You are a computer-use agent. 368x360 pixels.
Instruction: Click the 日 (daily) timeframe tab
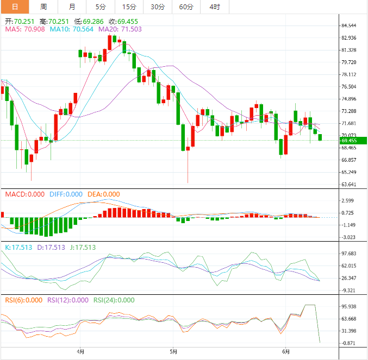coord(15,7)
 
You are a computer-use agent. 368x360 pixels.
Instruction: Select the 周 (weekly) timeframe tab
coord(43,7)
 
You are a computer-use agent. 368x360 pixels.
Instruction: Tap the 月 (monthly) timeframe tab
coord(72,7)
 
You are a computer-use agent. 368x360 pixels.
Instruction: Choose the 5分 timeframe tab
coord(101,7)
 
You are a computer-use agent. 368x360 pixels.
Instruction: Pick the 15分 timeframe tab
coord(129,7)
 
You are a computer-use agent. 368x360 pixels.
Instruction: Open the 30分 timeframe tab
coord(158,7)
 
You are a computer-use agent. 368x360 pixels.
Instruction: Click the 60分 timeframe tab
coord(186,7)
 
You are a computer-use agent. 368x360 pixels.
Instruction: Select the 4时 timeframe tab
coord(215,7)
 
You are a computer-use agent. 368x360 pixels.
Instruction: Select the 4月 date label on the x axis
coord(80,351)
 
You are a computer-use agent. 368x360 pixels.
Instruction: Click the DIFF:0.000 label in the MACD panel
coord(66,194)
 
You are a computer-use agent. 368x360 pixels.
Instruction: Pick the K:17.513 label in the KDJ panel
coord(18,248)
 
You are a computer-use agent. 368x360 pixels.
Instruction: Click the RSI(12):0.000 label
coord(67,300)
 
